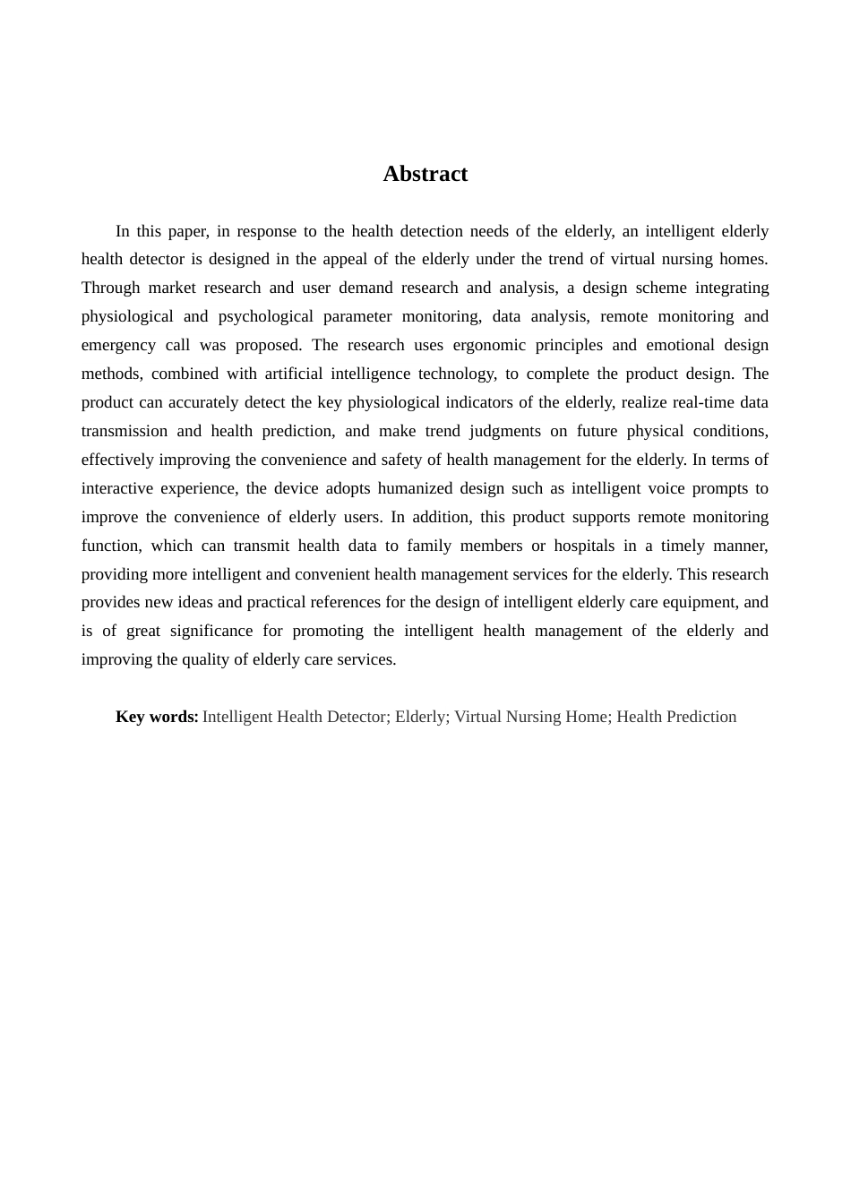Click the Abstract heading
[425, 174]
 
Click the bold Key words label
[157, 717]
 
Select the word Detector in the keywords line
[355, 717]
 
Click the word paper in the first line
[188, 231]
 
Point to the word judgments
[505, 431]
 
